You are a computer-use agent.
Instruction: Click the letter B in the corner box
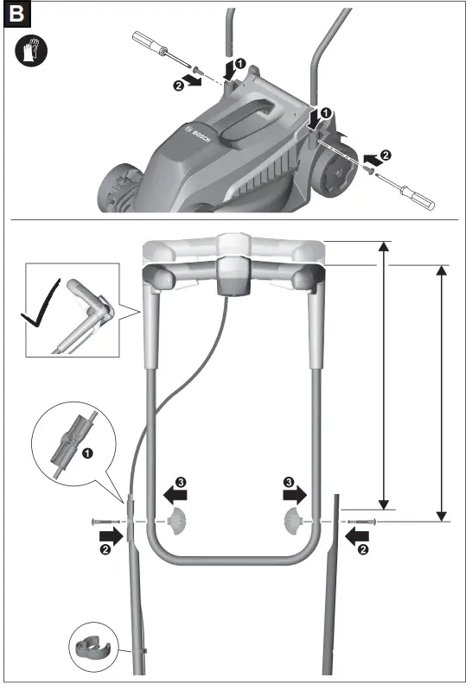coord(16,14)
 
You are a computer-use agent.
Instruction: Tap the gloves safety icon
coord(31,52)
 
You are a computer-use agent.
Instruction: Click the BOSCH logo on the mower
coord(198,134)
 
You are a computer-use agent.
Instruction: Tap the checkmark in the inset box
coord(41,304)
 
